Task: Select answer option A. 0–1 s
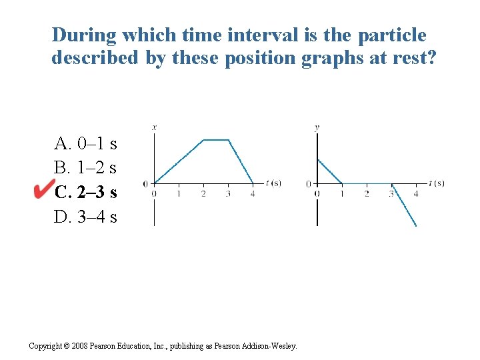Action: [86, 143]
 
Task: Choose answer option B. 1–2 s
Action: [86, 168]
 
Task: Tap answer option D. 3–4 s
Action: [86, 217]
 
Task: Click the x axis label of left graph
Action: [155, 127]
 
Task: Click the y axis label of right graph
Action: [317, 127]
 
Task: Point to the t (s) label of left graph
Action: [273, 183]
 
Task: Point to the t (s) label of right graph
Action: [437, 183]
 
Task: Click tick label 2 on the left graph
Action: [203, 194]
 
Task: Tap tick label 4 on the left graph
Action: [253, 194]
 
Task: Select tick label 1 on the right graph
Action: [342, 194]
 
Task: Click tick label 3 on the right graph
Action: [391, 194]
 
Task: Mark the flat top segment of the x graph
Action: [216, 140]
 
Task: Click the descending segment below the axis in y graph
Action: [405, 207]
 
